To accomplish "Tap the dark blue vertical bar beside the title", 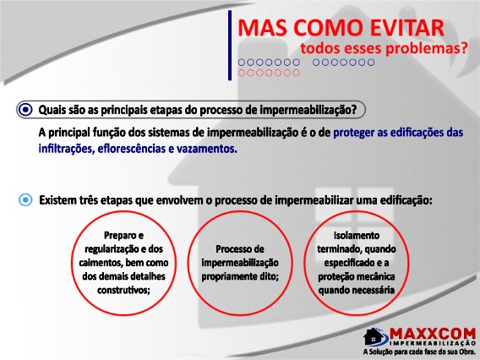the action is click(x=230, y=46).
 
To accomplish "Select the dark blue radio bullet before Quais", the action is click(x=25, y=109).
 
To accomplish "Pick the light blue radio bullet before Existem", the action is click(x=25, y=200).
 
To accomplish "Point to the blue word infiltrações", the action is click(x=66, y=149).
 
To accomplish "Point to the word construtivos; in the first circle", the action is click(x=123, y=290).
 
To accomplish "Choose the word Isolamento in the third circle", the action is click(x=357, y=236).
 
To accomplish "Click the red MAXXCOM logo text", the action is click(x=433, y=333).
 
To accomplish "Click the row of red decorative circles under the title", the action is click(x=269, y=73).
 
